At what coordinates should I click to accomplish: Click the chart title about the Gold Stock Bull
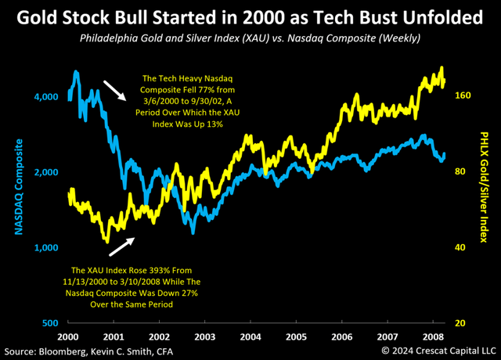pyautogui.click(x=250, y=16)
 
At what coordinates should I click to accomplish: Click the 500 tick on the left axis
pyautogui.click(x=49, y=323)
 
